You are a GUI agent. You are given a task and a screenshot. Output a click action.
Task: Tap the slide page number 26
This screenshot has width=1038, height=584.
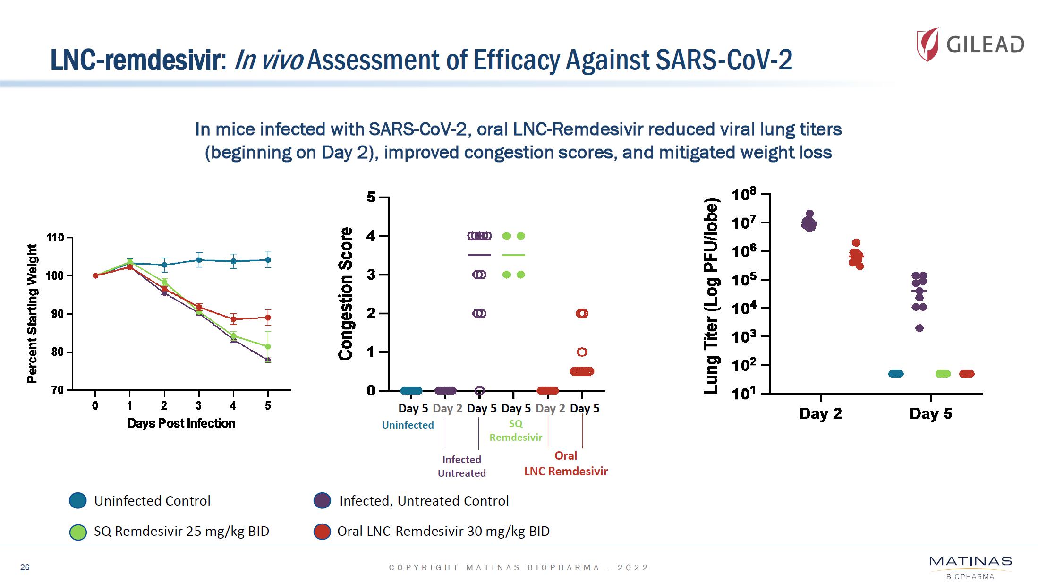click(x=25, y=567)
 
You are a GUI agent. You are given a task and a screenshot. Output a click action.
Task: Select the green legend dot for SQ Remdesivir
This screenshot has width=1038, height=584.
click(x=78, y=532)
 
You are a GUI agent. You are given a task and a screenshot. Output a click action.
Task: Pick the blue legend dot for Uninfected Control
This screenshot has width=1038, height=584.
click(x=78, y=500)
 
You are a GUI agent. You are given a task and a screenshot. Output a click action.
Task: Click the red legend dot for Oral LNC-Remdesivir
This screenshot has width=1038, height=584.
click(x=322, y=532)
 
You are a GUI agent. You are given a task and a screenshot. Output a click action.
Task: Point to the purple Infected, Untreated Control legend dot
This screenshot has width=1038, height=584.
click(x=322, y=500)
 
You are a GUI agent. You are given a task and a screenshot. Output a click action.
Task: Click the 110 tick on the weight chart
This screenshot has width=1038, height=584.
click(x=55, y=237)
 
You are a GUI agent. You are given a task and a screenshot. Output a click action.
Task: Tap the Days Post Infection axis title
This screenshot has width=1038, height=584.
click(x=181, y=423)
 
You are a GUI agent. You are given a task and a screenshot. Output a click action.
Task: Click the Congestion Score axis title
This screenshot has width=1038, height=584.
click(x=346, y=293)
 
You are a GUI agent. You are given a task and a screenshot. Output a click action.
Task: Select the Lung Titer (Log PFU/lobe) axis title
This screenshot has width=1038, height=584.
click(x=711, y=296)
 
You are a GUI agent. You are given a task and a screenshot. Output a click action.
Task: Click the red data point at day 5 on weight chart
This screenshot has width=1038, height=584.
click(x=268, y=318)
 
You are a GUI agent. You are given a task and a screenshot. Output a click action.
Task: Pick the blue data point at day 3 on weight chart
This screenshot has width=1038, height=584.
click(x=199, y=260)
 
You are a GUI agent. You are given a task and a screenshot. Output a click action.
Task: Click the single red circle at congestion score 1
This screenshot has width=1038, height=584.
click(x=582, y=352)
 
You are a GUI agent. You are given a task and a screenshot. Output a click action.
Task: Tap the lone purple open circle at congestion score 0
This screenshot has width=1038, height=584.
click(x=479, y=391)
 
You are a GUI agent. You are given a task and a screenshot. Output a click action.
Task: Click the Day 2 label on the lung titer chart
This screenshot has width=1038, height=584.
click(x=820, y=413)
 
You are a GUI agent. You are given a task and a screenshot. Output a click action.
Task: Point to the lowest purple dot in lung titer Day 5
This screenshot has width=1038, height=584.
click(x=919, y=328)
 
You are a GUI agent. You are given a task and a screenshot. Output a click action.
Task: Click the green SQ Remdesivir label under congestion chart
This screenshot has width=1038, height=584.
click(x=516, y=430)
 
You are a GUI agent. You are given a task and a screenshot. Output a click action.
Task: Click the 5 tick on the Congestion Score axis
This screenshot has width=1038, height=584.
click(x=371, y=197)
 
